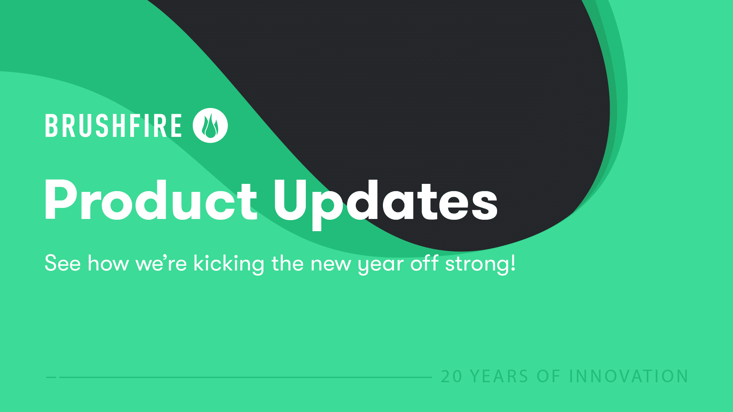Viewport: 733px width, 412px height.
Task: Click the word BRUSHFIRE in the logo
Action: pos(113,126)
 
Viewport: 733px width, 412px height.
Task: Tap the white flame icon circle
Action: pos(210,126)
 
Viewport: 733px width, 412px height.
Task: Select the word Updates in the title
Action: pos(386,201)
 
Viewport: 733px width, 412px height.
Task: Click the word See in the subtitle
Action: pos(63,263)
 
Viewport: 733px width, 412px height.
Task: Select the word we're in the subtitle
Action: pos(161,263)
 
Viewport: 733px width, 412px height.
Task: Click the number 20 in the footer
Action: pos(451,377)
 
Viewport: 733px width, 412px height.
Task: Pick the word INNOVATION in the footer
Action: pos(628,377)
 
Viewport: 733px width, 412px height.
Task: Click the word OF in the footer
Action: pos(549,377)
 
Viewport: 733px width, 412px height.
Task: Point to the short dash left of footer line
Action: pos(51,377)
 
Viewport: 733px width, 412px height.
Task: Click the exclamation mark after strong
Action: pos(513,262)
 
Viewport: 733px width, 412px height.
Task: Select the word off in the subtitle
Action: pos(424,263)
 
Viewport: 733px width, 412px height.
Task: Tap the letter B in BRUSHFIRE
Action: pos(51,126)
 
